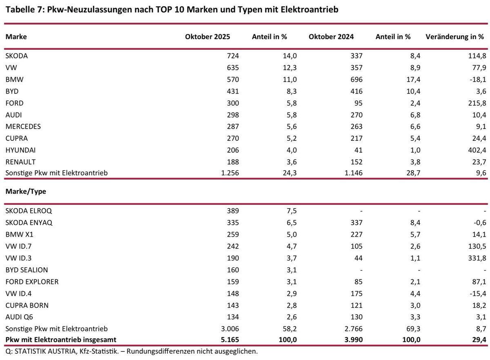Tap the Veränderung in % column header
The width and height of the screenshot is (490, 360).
coord(454,36)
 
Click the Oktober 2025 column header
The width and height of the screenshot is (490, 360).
coord(207,36)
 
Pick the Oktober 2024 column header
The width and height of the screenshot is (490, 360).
coord(331,36)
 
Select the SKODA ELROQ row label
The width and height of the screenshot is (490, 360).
coord(29,211)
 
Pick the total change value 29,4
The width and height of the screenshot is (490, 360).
coord(477,339)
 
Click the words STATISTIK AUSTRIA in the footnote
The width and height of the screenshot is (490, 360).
coord(39,351)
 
